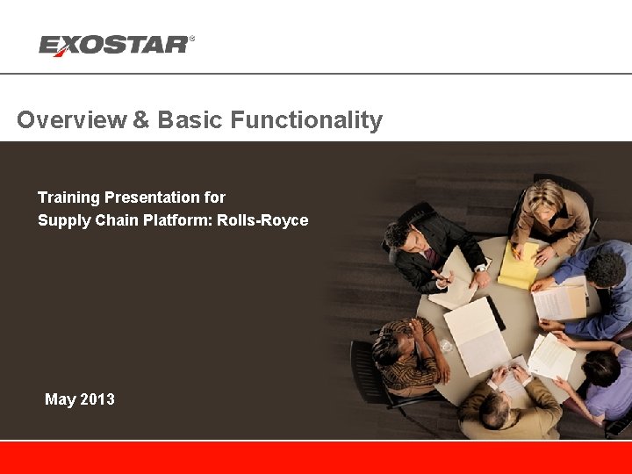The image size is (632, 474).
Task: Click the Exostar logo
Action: tap(113, 45)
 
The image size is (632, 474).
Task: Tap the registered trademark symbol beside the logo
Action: tap(192, 39)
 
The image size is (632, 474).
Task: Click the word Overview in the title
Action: tap(71, 120)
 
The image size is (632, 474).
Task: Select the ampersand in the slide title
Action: tap(141, 120)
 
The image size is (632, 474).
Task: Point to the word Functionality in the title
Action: tap(306, 120)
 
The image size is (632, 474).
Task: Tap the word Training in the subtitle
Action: tap(68, 197)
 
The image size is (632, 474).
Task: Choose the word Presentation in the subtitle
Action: tap(153, 197)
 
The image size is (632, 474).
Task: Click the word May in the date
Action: tap(60, 399)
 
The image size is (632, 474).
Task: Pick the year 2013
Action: tap(97, 399)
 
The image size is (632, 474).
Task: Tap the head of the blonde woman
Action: tap(546, 197)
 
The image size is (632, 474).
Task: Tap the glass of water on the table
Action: tap(447, 346)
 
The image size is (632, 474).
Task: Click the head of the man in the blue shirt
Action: tap(605, 269)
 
